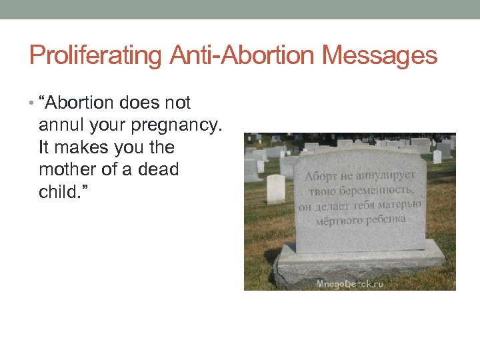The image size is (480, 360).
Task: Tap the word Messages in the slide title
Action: click(380, 55)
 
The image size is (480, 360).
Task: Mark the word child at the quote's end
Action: click(58, 192)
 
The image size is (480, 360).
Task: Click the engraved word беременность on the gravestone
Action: click(370, 191)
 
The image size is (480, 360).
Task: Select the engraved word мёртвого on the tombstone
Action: click(338, 220)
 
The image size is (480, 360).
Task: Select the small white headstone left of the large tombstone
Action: click(275, 189)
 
